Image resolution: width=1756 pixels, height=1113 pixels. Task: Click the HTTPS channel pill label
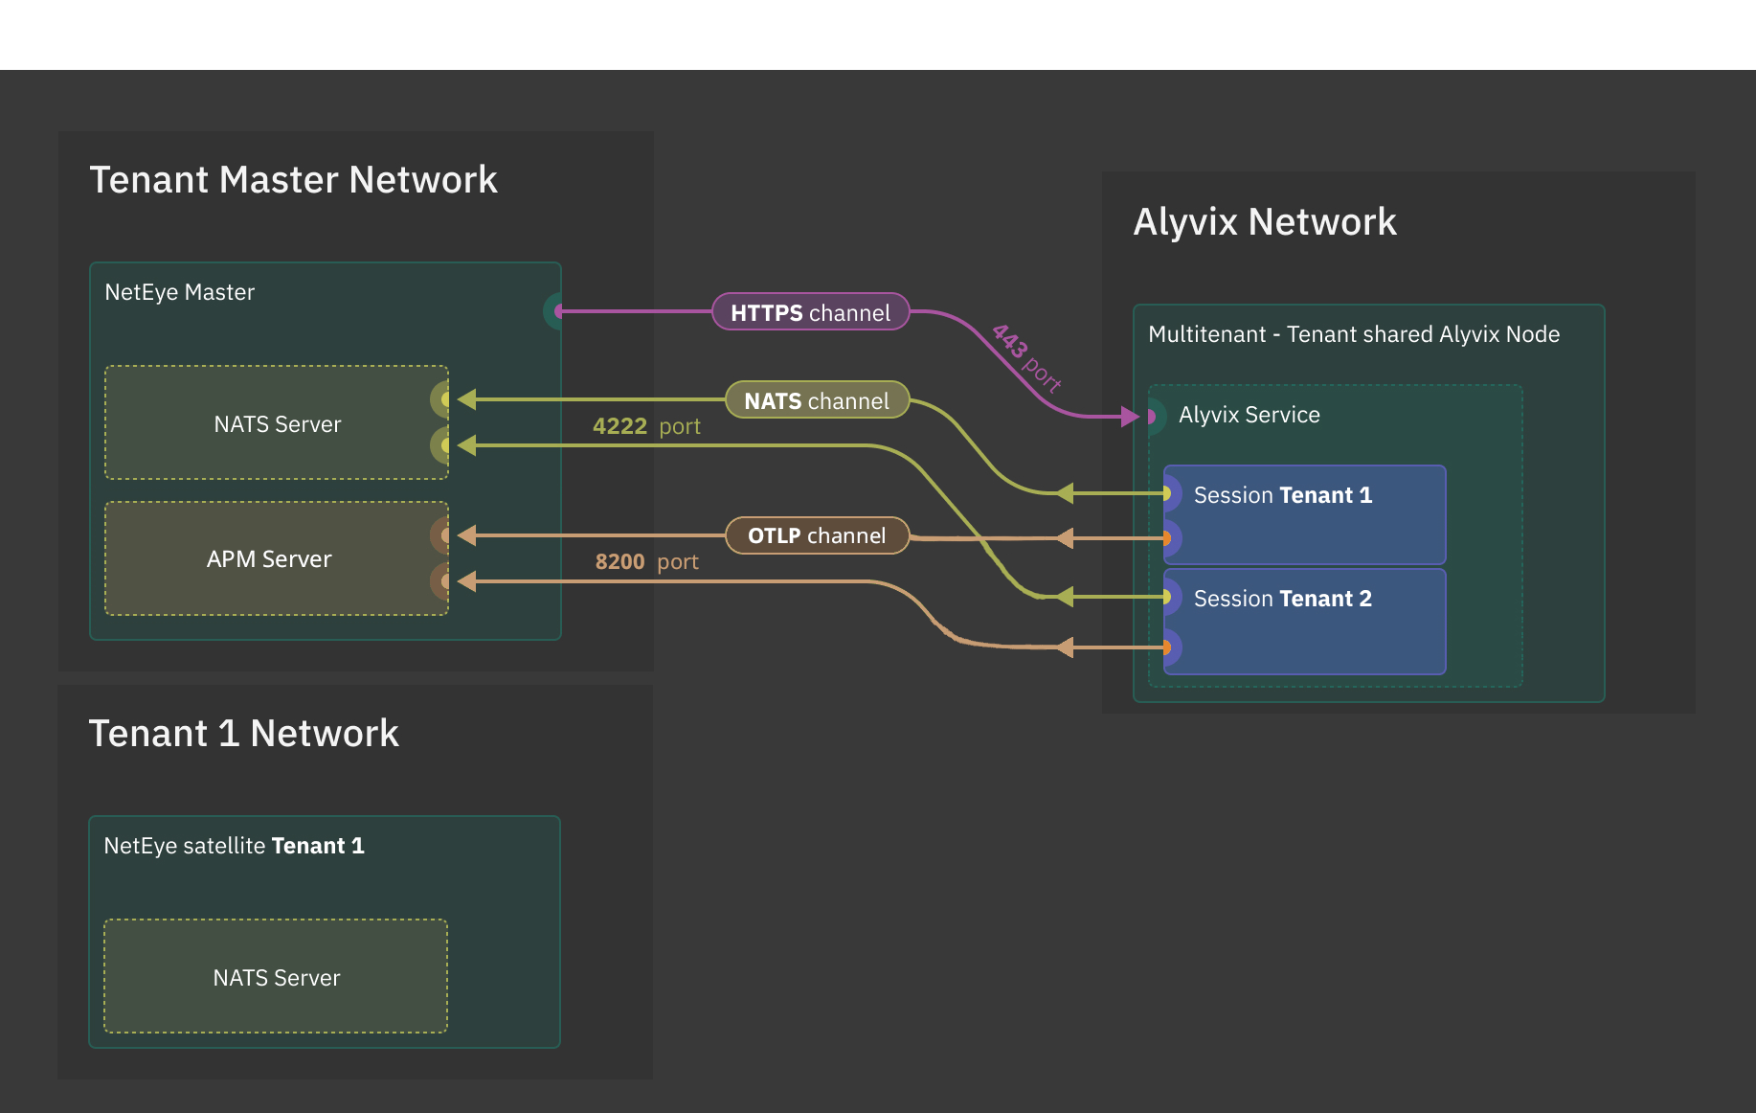coord(810,312)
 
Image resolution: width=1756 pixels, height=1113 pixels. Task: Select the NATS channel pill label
coord(816,400)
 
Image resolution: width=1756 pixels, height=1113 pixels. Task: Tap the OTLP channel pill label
coord(816,535)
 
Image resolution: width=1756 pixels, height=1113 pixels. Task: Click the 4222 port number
coord(619,426)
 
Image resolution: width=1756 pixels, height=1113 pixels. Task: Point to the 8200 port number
coord(619,562)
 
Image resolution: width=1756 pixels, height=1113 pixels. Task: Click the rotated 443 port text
coord(1025,358)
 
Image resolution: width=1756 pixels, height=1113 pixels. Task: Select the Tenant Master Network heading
coord(293,180)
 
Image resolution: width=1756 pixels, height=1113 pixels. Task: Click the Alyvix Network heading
coord(1264,222)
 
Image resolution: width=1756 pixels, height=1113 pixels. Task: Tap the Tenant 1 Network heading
coord(243,734)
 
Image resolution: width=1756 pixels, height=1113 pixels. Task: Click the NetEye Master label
coord(179,292)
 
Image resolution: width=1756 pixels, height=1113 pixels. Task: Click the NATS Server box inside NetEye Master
coord(276,423)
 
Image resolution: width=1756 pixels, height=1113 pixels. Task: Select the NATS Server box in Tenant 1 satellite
coord(276,977)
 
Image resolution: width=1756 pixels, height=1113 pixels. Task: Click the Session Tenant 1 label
coord(1282,495)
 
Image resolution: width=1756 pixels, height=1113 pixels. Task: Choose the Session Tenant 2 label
coord(1282,599)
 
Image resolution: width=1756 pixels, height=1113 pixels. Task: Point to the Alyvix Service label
coord(1249,415)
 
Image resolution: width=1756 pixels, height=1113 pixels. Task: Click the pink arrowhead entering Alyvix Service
coord(1130,417)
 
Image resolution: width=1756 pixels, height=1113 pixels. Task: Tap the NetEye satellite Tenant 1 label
coord(234,846)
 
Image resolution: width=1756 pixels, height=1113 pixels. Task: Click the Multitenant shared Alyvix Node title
coord(1353,334)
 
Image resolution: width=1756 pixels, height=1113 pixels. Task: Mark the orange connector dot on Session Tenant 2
coord(1167,648)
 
